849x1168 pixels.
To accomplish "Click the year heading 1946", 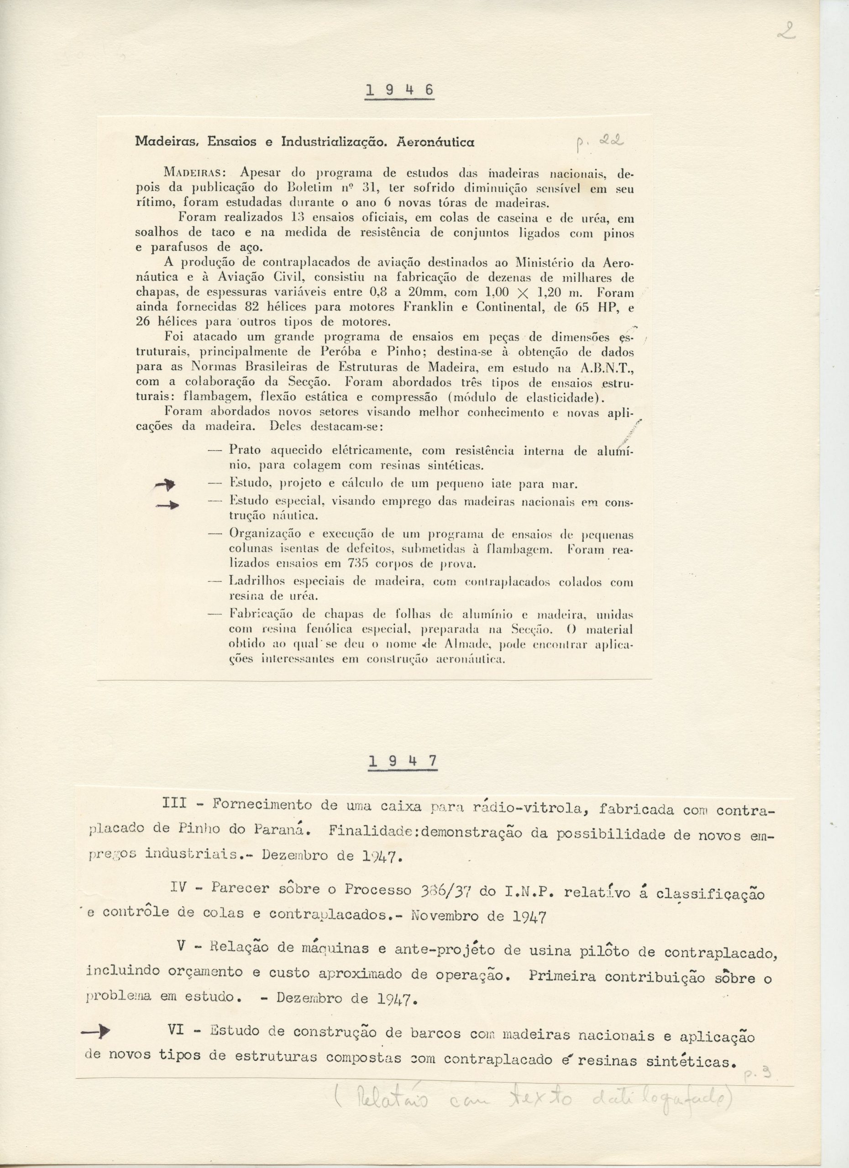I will (x=399, y=91).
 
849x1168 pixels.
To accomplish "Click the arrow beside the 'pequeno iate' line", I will (x=165, y=484).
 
